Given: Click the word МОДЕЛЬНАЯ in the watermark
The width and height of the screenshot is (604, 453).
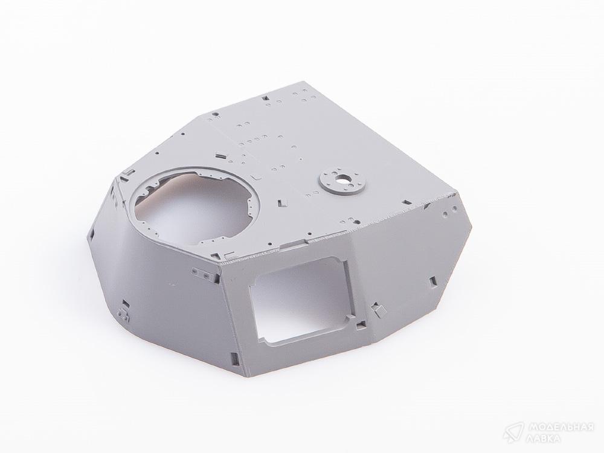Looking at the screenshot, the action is point(561,428).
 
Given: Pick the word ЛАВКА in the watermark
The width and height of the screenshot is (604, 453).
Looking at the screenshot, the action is point(544,439).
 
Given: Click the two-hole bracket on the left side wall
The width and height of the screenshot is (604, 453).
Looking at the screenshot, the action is point(202,274).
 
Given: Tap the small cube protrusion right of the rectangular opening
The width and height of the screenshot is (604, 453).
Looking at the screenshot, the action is point(377,309).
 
